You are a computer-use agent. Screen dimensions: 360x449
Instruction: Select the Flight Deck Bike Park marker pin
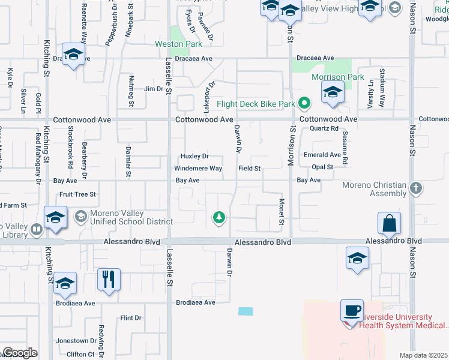tap(304, 104)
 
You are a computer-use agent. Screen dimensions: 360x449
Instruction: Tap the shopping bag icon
tap(390, 223)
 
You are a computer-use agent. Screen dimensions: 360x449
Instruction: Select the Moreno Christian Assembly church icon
tap(415, 188)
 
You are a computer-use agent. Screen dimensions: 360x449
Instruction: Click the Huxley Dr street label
tap(194, 157)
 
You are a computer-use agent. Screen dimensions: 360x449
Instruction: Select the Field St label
tap(249, 169)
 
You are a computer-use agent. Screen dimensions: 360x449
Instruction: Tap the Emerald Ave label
tap(322, 155)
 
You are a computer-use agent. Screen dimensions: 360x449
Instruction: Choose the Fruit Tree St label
tap(78, 194)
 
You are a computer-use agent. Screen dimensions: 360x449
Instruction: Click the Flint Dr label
tap(130, 317)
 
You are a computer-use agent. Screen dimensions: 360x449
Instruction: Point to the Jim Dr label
tap(154, 89)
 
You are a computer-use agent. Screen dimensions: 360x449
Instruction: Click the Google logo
tap(20, 352)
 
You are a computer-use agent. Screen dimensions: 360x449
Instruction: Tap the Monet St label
tap(281, 212)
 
